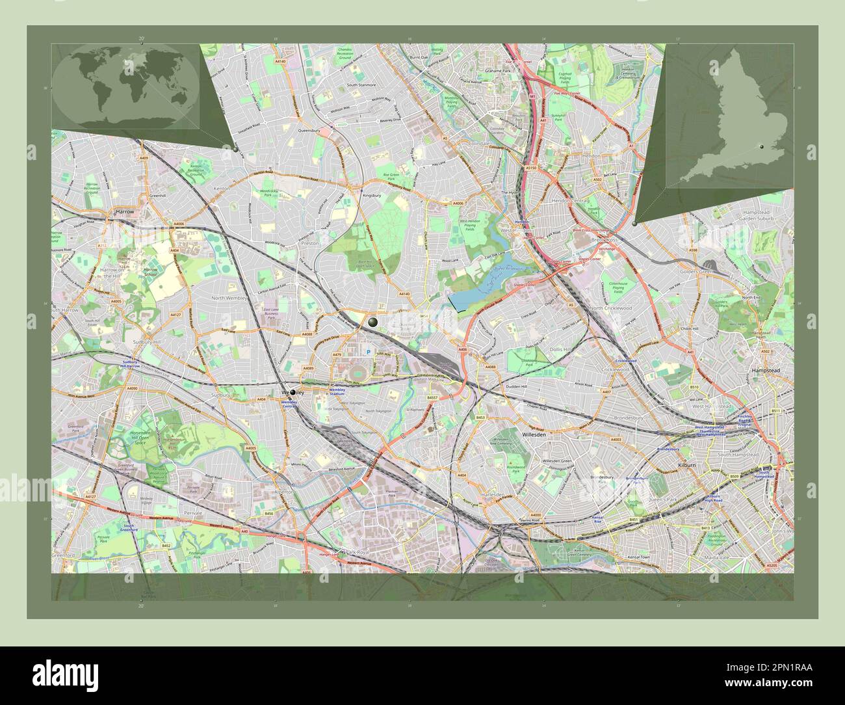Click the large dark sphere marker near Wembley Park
[x=373, y=322]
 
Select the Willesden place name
[x=537, y=432]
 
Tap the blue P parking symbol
[x=368, y=352]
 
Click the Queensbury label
[x=309, y=130]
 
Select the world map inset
[x=125, y=86]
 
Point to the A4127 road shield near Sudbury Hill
[x=175, y=315]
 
